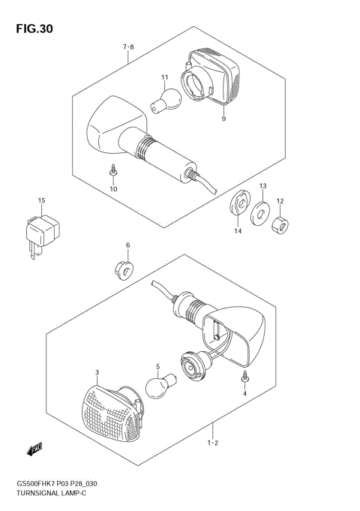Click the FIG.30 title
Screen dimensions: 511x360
pos(31,29)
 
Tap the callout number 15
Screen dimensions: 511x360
pos(42,200)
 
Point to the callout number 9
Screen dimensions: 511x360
pos(223,119)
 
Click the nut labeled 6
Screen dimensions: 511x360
pos(124,269)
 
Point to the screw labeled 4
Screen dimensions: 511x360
pos(244,376)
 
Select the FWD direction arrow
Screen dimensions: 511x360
pos(34,450)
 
